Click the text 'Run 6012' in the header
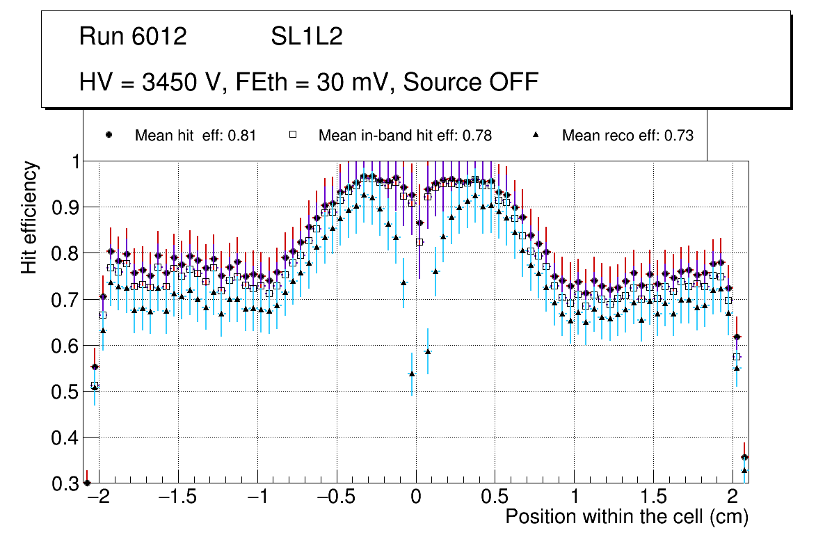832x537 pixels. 133,37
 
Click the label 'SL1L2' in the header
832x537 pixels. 307,37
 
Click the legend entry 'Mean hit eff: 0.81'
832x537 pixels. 195,136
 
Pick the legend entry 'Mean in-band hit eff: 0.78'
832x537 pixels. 405,136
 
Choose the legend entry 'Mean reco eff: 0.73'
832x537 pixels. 627,136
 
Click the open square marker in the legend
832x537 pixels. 294,135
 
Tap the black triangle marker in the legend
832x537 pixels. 536,135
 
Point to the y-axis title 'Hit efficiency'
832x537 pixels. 30,217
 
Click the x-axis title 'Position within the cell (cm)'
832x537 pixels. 626,517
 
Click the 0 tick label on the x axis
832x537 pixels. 416,498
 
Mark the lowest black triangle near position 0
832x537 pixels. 412,374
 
